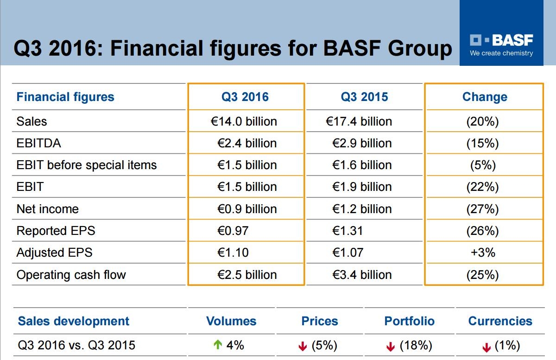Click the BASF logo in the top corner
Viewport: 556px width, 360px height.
[501, 40]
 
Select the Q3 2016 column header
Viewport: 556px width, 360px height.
[245, 97]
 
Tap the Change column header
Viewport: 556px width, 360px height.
[485, 97]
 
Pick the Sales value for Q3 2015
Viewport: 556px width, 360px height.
[359, 121]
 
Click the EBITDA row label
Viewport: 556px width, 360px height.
[38, 143]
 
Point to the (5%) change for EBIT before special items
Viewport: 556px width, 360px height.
[483, 165]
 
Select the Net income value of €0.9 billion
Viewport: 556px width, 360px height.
[247, 209]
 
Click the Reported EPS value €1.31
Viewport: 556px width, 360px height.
[347, 231]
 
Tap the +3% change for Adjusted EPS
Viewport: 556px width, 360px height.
[483, 253]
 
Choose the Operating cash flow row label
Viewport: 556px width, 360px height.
[71, 275]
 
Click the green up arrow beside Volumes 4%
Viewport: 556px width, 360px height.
[218, 345]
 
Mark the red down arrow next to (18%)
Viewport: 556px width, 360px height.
[391, 347]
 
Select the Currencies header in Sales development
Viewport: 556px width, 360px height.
[500, 321]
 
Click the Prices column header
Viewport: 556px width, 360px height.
[320, 321]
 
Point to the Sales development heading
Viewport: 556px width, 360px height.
[74, 321]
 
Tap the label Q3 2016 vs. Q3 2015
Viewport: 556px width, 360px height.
[76, 345]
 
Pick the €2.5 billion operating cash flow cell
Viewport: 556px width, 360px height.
[247, 275]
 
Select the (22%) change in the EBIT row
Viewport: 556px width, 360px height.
[483, 187]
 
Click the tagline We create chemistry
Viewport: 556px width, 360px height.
[501, 53]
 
